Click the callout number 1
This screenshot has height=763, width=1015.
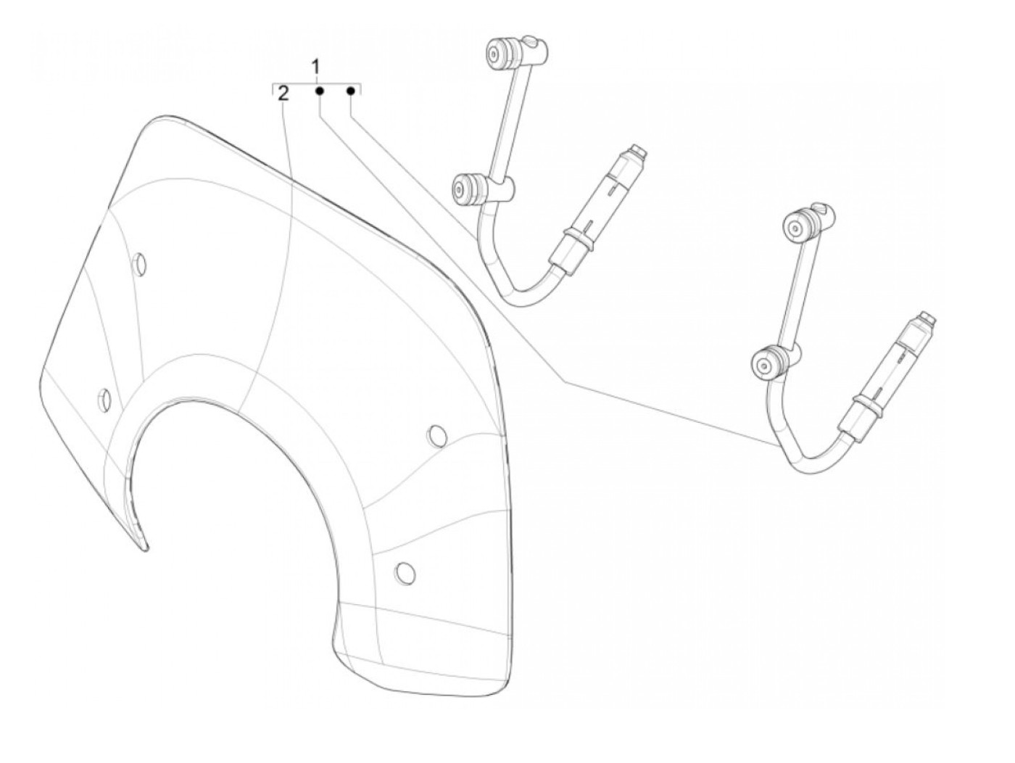click(316, 67)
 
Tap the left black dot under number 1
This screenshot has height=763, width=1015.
click(318, 91)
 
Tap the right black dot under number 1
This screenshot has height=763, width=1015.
click(351, 91)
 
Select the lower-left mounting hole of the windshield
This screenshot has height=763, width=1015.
click(105, 397)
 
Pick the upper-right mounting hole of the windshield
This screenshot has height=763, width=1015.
click(436, 435)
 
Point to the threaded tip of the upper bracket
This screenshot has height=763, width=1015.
click(638, 152)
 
